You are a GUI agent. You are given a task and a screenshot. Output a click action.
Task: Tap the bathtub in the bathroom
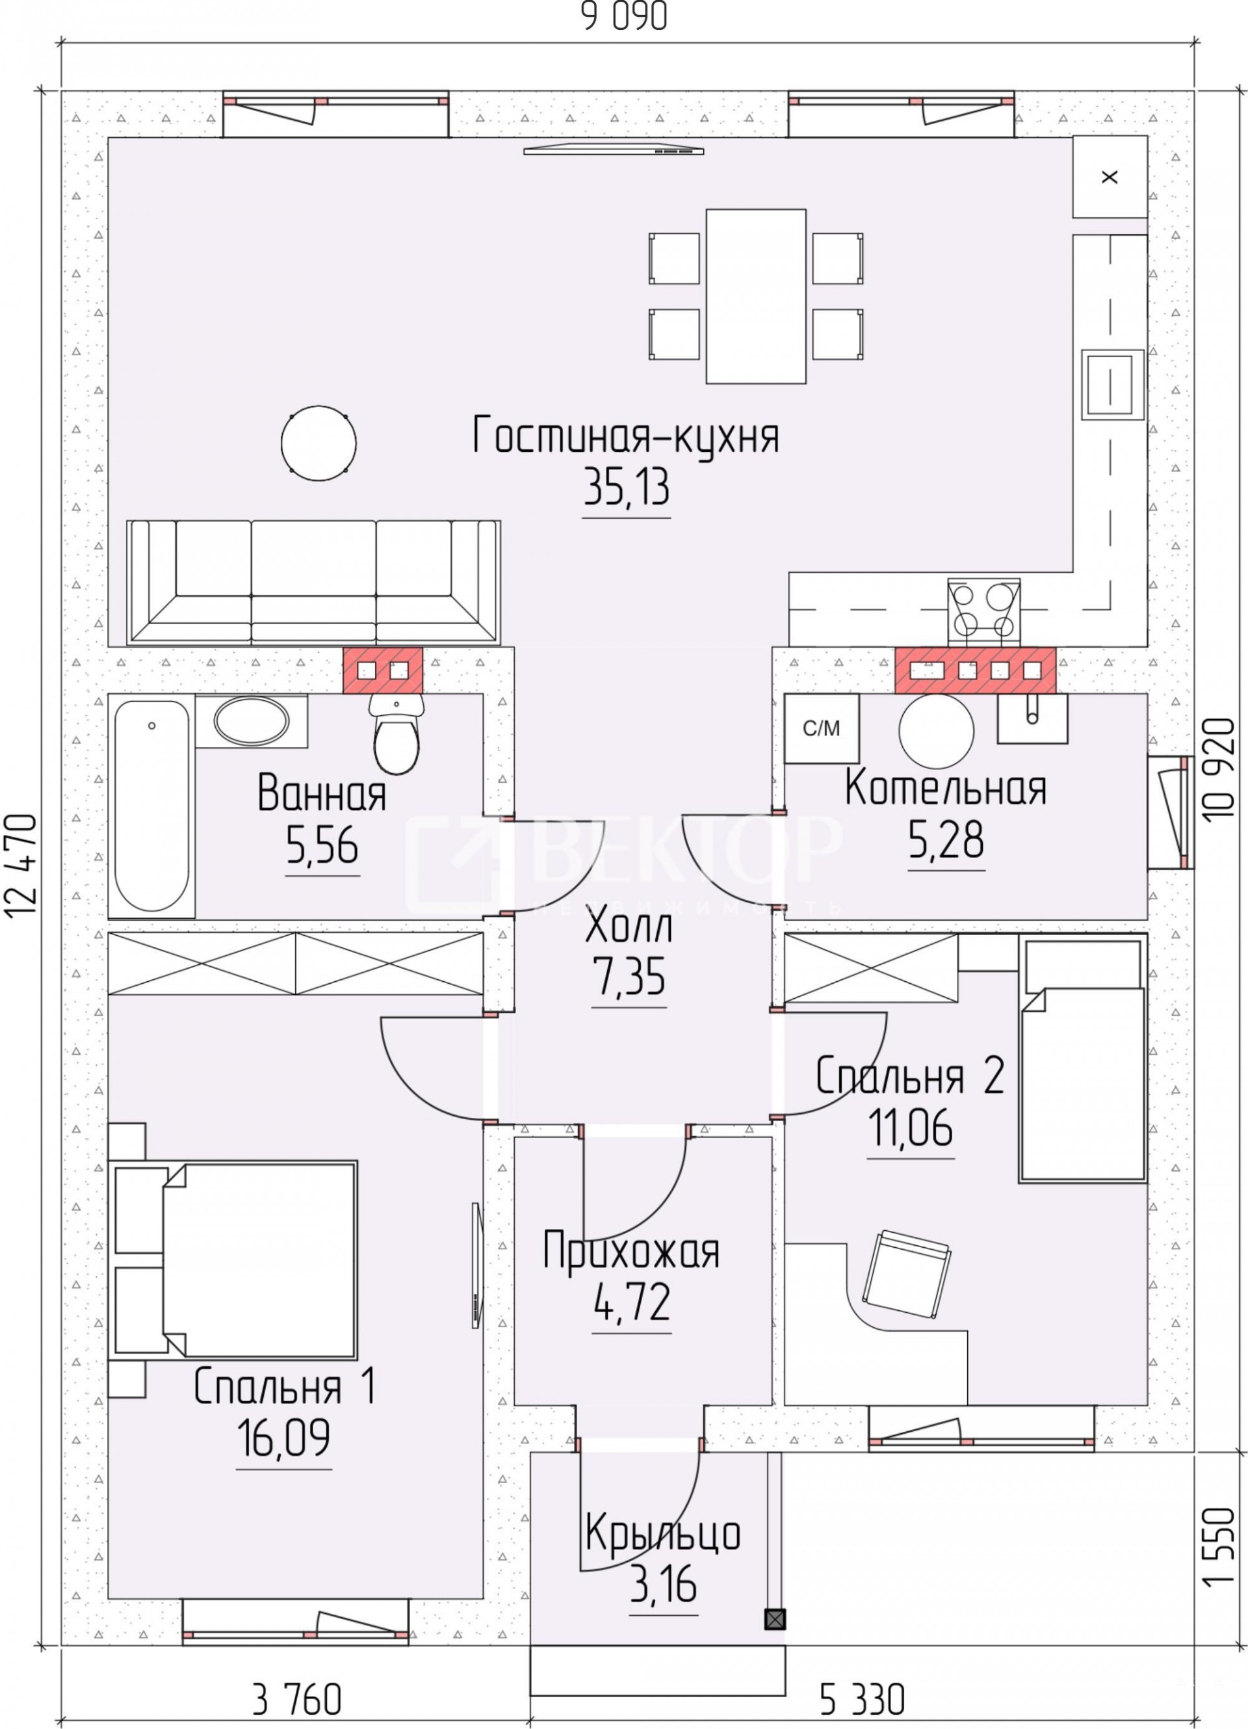tap(151, 806)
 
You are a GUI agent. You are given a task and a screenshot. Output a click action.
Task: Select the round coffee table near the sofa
tap(318, 443)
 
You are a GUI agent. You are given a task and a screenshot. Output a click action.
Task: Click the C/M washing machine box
tap(822, 728)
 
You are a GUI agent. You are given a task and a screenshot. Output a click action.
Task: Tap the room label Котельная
tap(944, 789)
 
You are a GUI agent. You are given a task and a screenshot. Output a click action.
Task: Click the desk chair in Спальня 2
tap(906, 1273)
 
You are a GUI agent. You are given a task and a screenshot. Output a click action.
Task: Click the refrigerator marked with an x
tap(1110, 177)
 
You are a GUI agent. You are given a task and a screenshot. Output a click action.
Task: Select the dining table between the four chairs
tap(756, 296)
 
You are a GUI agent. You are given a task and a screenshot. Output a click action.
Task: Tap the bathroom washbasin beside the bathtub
tap(252, 720)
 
